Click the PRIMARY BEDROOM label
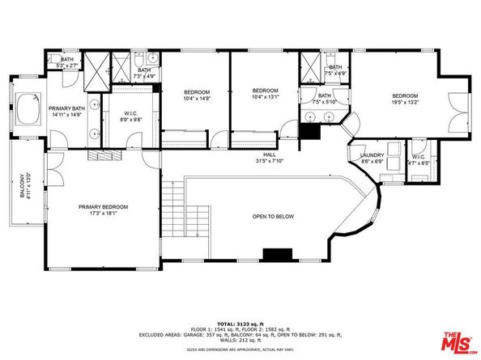pos(103,207)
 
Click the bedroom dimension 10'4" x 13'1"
pos(265,97)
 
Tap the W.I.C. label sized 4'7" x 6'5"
pos(419,156)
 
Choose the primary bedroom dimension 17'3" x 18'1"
pos(103,214)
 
